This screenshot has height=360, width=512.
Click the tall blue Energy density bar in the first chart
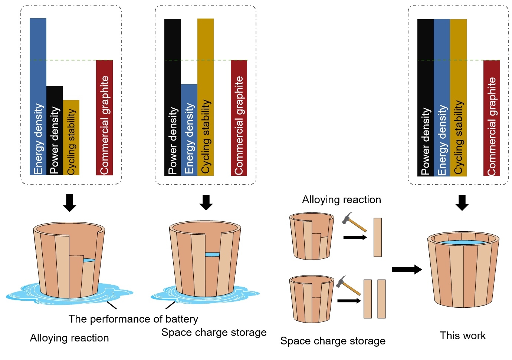[x=38, y=96]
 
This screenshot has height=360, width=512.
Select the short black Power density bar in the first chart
[x=55, y=130]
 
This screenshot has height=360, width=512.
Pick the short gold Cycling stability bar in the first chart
[x=71, y=137]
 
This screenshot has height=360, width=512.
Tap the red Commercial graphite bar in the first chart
[x=104, y=117]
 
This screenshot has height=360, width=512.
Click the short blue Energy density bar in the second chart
[x=189, y=129]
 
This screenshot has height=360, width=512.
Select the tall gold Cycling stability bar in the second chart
[x=206, y=96]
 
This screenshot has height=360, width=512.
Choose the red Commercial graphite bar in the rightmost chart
[x=492, y=118]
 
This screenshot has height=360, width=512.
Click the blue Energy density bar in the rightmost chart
[x=442, y=97]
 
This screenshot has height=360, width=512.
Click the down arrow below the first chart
[x=69, y=202]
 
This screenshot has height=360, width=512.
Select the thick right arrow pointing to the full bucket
[x=407, y=269]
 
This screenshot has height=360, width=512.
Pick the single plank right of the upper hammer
[x=378, y=237]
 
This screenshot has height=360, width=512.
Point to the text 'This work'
[x=463, y=336]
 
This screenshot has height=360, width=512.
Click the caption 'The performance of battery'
[x=133, y=319]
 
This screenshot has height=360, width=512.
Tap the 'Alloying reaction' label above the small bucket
[x=341, y=199]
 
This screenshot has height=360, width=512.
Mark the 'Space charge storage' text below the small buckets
[x=333, y=341]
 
